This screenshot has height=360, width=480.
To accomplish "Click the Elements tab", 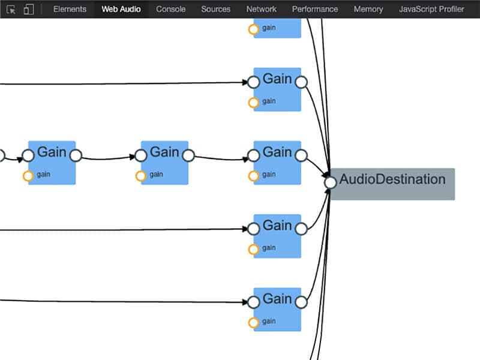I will (70, 9).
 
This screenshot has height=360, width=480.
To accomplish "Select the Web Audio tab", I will (121, 9).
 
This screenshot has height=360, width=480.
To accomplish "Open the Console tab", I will (171, 9).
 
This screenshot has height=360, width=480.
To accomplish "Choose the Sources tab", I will (216, 9).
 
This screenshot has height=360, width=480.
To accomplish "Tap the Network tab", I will (262, 9).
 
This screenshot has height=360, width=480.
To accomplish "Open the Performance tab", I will (315, 9).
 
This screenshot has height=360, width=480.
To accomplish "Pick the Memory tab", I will (368, 9).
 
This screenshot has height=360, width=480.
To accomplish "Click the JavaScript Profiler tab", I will (431, 9).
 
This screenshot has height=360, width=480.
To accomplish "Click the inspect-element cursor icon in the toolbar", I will (11, 10).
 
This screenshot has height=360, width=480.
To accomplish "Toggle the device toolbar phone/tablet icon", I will (29, 10).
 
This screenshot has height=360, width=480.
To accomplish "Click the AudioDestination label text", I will (392, 179).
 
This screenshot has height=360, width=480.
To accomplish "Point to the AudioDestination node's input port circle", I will (330, 182).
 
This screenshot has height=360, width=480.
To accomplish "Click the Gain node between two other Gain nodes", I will (164, 163).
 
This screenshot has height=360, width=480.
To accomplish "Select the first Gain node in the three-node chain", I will (52, 163).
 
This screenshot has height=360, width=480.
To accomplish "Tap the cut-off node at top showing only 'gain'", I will (277, 28).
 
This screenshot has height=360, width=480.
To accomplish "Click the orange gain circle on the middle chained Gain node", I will (140, 176).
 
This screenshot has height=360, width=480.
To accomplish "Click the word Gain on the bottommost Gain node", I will (277, 298).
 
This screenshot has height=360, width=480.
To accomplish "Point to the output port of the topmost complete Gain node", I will (301, 82).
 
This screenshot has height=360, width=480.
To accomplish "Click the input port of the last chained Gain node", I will (254, 156).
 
